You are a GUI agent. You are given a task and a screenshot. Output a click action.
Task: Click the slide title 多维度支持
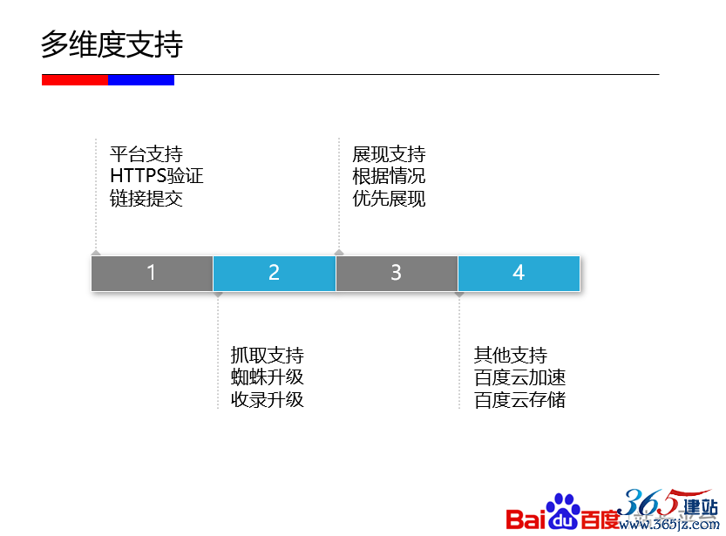(x=112, y=44)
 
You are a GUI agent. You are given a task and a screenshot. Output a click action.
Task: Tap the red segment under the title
(x=75, y=80)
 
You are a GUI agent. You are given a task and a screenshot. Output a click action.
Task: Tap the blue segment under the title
(x=141, y=80)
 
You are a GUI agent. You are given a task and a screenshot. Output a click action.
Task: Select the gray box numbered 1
(x=152, y=273)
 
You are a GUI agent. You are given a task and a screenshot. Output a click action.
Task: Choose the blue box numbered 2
(x=274, y=273)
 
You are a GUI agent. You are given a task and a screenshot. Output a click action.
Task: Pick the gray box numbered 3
(x=397, y=273)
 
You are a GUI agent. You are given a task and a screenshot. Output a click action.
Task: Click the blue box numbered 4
(x=519, y=273)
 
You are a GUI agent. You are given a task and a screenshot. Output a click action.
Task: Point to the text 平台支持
(x=146, y=154)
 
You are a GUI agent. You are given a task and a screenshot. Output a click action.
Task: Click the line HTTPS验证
(x=157, y=176)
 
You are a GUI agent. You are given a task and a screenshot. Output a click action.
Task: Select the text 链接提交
(x=146, y=199)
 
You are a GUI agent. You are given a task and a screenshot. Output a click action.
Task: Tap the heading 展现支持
(x=389, y=154)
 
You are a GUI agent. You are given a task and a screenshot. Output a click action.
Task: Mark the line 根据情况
(x=389, y=176)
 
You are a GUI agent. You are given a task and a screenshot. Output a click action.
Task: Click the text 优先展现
(x=389, y=199)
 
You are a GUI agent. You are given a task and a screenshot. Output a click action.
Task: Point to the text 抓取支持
(x=268, y=355)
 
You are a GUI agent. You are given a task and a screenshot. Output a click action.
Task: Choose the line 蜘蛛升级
(x=268, y=377)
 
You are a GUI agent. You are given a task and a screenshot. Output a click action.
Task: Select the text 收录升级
(x=268, y=399)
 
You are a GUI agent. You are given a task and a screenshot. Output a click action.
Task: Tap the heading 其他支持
(x=511, y=355)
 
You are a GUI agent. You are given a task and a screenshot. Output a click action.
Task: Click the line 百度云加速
(x=520, y=377)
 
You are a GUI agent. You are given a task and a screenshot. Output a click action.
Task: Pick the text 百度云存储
(x=520, y=399)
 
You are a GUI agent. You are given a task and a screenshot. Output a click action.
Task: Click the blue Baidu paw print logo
(x=563, y=512)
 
